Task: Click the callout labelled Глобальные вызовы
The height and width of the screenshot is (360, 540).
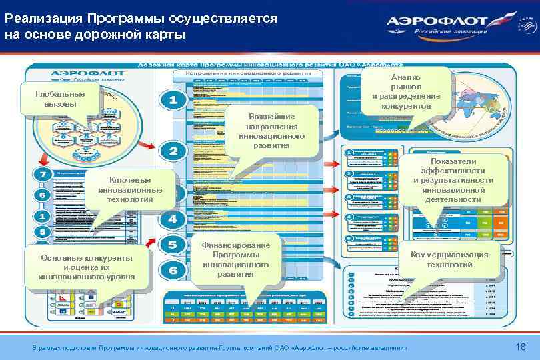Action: coord(60,99)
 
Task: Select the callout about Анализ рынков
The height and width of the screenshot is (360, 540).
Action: coord(406,92)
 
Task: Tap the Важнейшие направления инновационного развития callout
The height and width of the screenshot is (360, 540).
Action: coord(271,131)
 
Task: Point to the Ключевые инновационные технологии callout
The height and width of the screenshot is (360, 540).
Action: coord(130,190)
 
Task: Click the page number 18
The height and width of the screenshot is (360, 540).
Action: coord(521,347)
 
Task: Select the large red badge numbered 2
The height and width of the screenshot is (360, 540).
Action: coord(173,151)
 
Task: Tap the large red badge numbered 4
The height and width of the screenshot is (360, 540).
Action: coord(173,219)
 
